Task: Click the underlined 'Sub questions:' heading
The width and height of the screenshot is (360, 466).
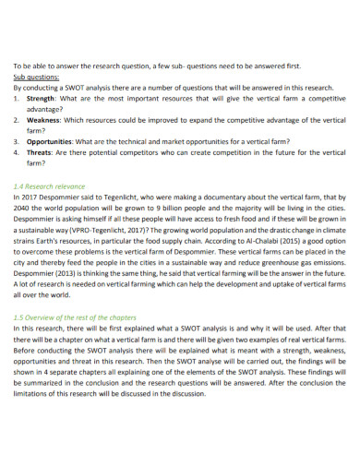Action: tap(36, 78)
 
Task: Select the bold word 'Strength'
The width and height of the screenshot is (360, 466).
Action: tap(42, 98)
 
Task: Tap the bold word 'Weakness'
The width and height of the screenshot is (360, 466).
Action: tap(44, 120)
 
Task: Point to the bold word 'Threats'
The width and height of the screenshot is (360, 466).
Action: tap(40, 152)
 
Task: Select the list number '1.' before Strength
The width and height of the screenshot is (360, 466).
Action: tap(17, 98)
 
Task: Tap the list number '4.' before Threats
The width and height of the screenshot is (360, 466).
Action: tap(17, 152)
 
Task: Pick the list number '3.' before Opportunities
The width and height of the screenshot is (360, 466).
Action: tap(17, 141)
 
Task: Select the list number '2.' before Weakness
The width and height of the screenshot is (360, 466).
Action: tap(17, 120)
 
